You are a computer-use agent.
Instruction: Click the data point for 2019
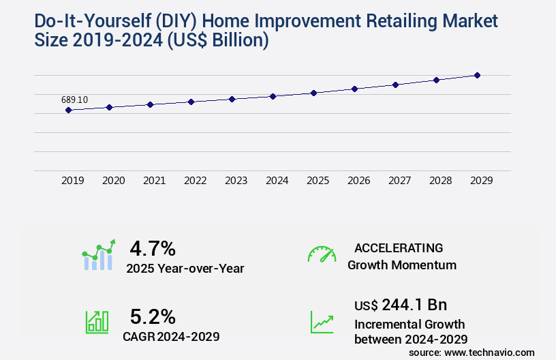coord(68,110)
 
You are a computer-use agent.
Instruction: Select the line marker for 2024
coord(273,96)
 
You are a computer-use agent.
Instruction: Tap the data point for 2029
coord(477,75)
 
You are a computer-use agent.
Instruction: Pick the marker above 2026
coord(354,89)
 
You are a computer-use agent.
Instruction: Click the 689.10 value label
coord(74,100)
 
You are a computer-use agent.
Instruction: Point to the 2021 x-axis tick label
coord(154,181)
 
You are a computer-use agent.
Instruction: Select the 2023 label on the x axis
coord(236,181)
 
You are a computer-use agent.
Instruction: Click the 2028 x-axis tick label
coord(440,181)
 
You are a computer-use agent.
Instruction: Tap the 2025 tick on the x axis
coord(318,181)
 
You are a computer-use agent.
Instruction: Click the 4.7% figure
coord(153,247)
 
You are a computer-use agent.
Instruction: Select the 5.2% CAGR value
coord(153,316)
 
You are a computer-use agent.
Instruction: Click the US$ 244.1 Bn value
coord(401,304)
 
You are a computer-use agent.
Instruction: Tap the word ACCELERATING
coord(399,247)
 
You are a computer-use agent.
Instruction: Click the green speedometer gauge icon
coord(322,254)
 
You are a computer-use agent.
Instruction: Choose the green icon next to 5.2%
coord(97,322)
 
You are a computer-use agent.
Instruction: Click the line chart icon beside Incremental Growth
coord(322,322)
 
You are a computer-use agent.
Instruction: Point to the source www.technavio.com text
coord(472,352)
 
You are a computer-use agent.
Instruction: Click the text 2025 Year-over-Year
coord(185,268)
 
